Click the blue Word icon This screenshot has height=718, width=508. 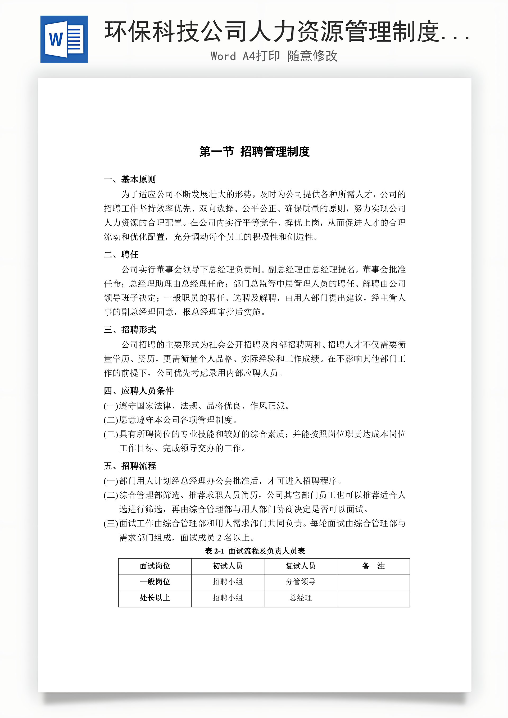64,39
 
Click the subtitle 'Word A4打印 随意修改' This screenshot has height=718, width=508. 274,56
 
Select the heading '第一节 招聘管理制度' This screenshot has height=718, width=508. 254,152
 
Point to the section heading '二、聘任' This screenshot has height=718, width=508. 121,255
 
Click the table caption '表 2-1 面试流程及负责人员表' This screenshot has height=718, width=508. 255,551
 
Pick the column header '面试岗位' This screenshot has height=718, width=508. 155,566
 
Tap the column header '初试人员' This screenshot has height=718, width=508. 228,566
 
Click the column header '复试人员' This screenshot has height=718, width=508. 300,566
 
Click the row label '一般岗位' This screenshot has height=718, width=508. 155,582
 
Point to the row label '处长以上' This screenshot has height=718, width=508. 155,598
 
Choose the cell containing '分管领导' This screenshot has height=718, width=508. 300,582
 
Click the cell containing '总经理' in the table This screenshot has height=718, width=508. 300,598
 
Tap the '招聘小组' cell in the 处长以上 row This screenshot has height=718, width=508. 228,598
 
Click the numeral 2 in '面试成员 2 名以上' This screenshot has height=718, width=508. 219,538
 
